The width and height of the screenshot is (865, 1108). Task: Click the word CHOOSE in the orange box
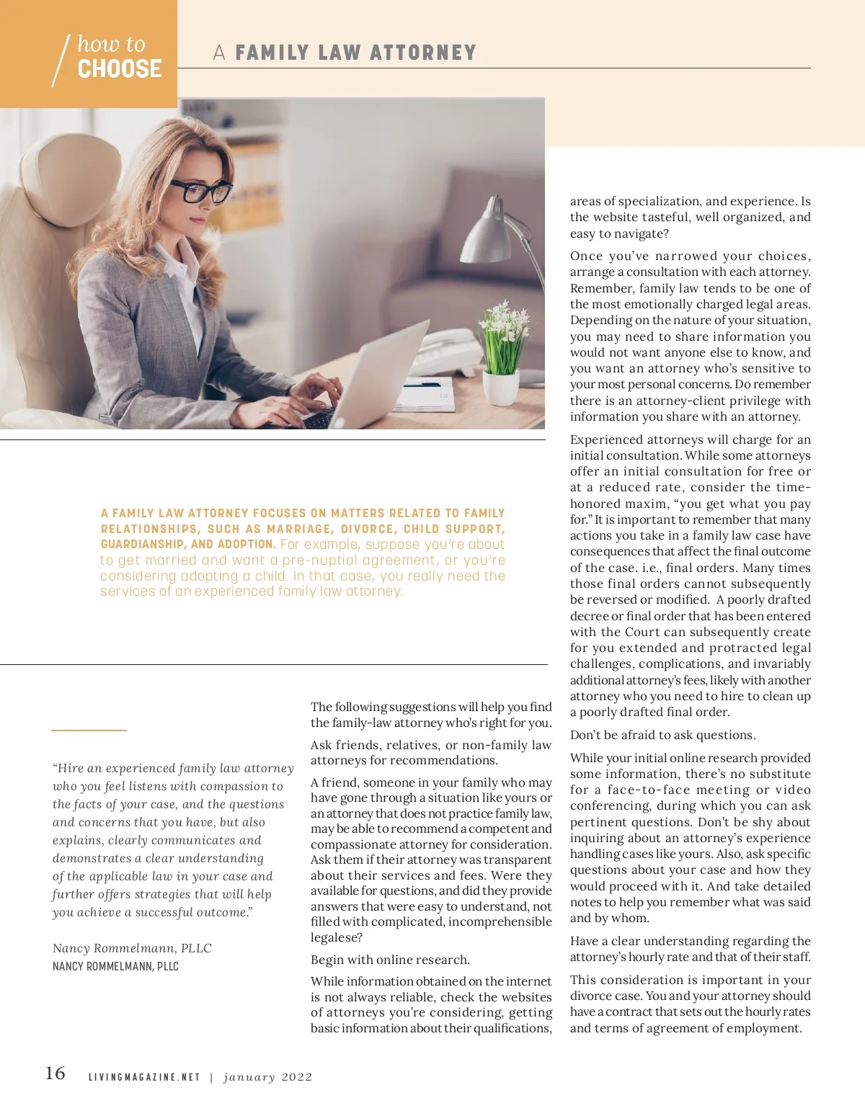[x=120, y=69]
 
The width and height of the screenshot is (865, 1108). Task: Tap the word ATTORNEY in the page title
[x=423, y=53]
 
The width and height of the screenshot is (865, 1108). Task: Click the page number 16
[x=56, y=1073]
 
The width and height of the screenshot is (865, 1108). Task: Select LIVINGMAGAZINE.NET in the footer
[x=144, y=1077]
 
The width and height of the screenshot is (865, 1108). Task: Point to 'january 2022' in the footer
[x=268, y=1077]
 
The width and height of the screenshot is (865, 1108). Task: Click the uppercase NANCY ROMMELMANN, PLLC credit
[x=115, y=966]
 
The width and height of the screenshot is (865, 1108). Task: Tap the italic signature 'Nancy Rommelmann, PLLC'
[x=132, y=948]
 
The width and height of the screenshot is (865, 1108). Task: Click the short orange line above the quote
[x=89, y=731]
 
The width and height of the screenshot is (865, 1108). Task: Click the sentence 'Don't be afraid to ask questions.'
[x=662, y=735]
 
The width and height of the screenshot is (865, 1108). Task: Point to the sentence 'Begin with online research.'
[x=390, y=960]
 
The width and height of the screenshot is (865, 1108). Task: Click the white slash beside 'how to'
[x=61, y=61]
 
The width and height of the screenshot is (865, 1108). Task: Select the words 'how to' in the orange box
[x=112, y=44]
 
